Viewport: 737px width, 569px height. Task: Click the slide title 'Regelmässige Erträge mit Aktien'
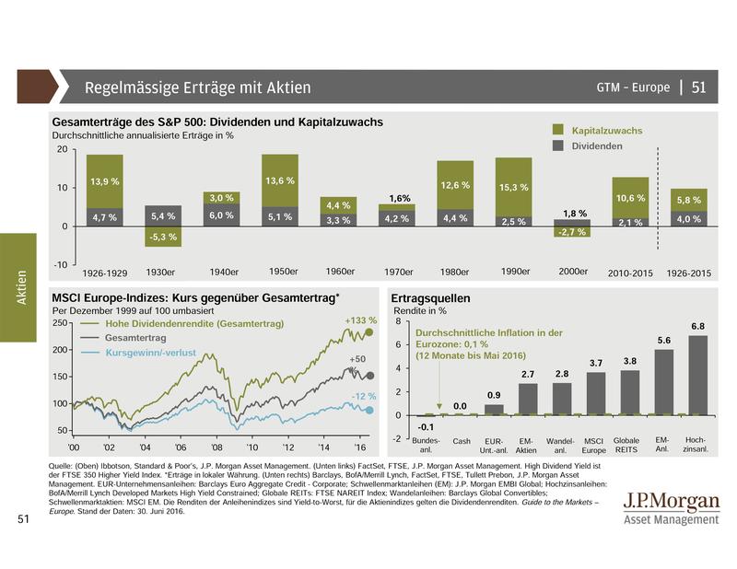tap(197, 88)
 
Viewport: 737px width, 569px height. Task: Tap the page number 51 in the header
tap(699, 88)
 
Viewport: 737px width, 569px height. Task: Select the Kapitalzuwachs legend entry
tap(607, 132)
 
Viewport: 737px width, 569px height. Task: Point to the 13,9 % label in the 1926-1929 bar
tap(104, 182)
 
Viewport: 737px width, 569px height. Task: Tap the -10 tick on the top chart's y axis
tap(59, 265)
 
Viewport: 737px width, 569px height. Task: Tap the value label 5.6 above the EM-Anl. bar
tap(663, 340)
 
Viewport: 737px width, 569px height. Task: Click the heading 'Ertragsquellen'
tap(431, 299)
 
